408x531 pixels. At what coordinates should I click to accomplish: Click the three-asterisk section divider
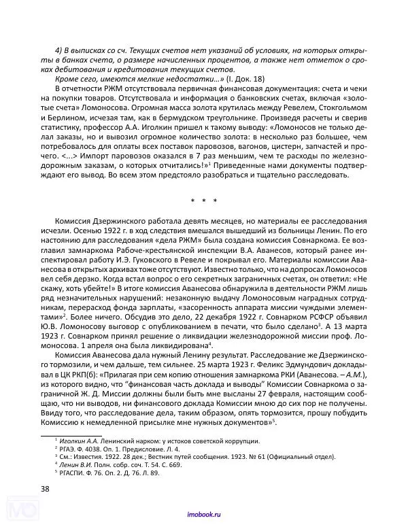pos(204,201)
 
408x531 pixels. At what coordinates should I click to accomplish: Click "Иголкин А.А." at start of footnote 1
pos(80,441)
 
